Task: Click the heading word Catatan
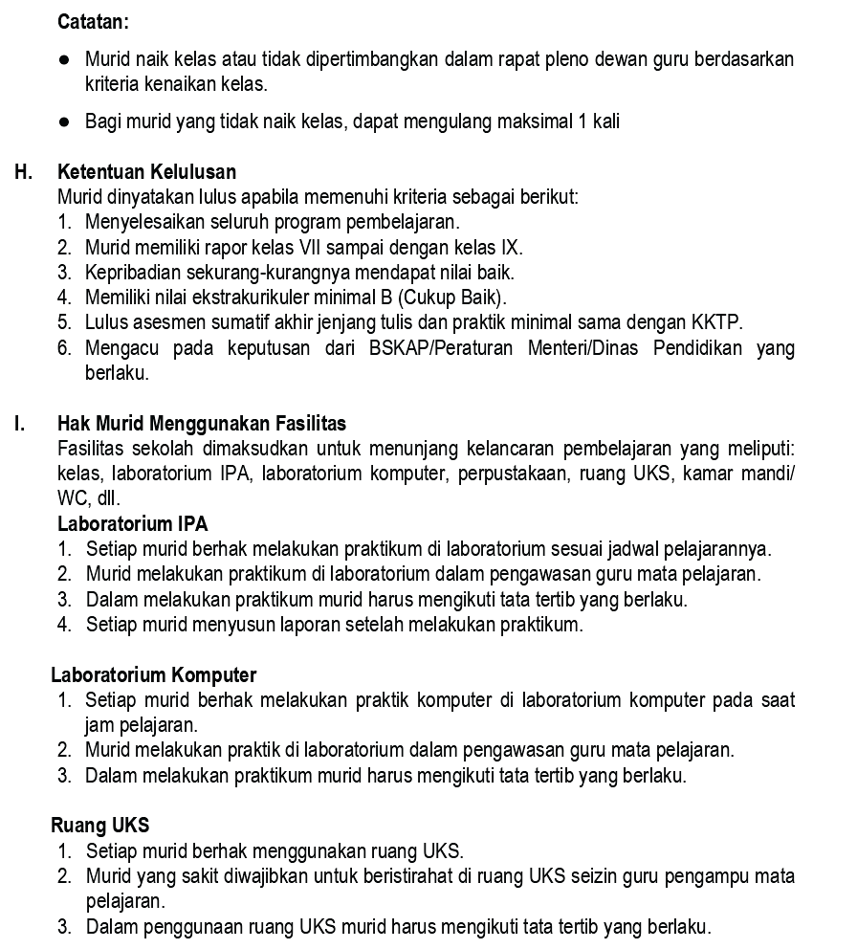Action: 93,20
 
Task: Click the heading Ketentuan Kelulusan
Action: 146,172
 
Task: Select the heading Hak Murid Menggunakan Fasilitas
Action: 202,423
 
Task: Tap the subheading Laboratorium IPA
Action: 132,523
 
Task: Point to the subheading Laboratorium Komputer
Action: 153,675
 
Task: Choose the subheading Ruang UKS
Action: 99,825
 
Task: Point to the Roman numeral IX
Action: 511,247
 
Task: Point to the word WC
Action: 72,498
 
